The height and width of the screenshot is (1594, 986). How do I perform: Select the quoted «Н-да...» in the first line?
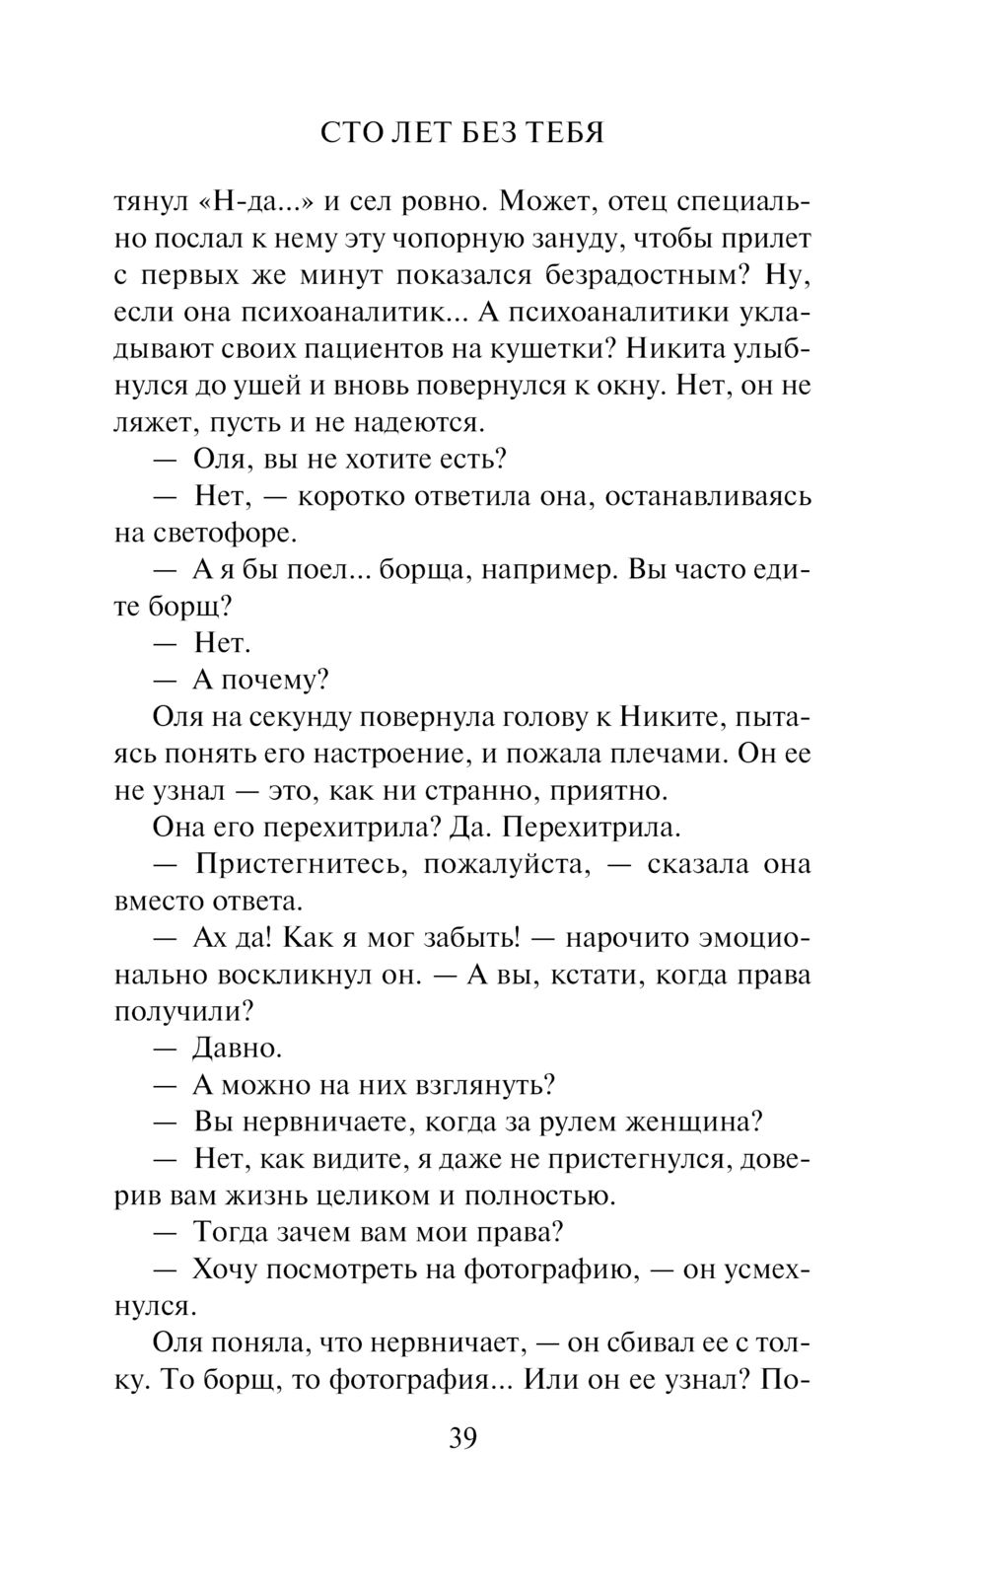[256, 202]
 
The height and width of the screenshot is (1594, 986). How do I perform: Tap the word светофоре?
[224, 534]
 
